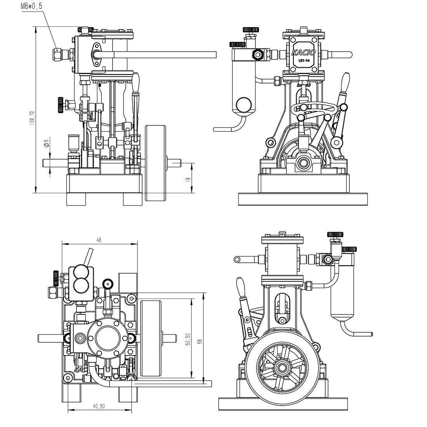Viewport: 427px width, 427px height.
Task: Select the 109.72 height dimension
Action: (x=32, y=117)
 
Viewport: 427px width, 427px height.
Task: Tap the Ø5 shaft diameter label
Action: (x=46, y=143)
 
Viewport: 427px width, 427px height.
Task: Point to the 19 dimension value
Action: (x=188, y=179)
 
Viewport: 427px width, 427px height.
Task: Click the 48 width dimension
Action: (x=99, y=240)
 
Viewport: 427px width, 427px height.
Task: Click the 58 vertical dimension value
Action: (x=200, y=341)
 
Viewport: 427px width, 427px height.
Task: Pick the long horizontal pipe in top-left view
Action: (x=163, y=54)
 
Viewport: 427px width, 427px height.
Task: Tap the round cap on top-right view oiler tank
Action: (x=244, y=104)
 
